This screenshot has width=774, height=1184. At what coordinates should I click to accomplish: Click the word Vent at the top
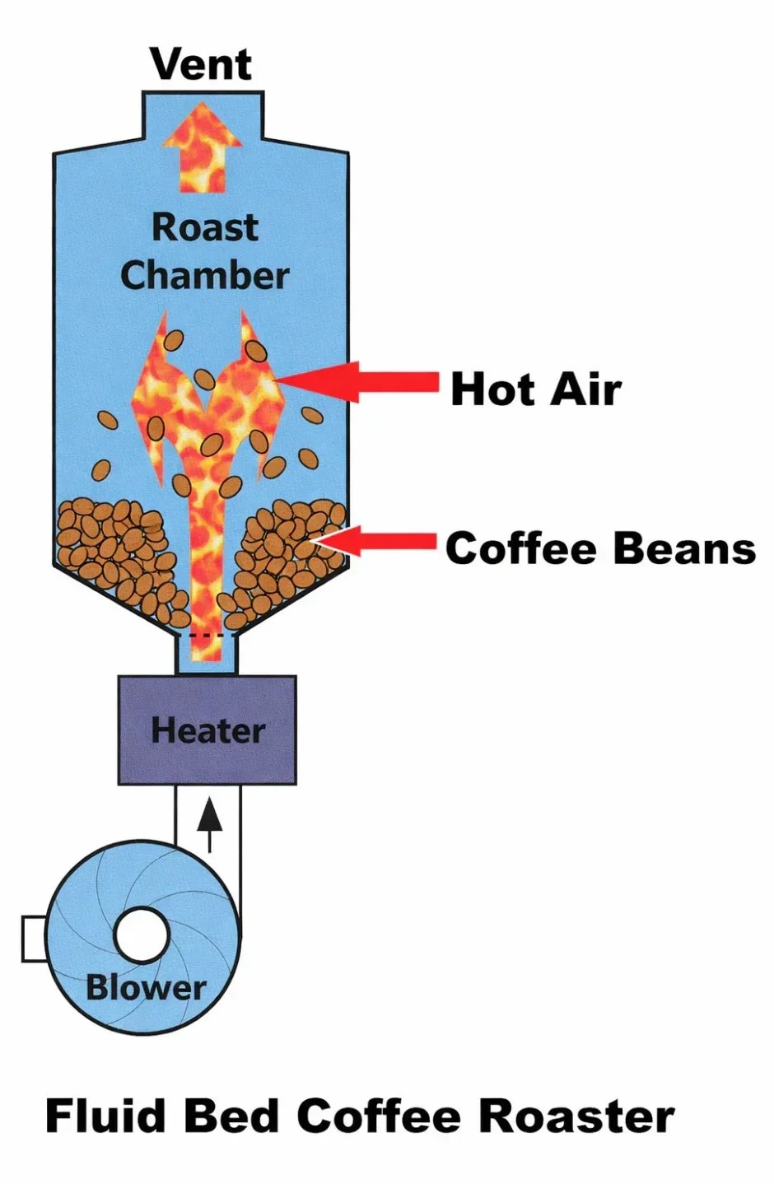click(x=201, y=64)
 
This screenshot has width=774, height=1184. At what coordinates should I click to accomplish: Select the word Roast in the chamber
click(x=205, y=227)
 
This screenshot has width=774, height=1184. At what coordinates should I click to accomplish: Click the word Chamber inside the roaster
click(x=205, y=275)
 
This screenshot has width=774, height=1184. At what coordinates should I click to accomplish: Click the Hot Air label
click(x=536, y=389)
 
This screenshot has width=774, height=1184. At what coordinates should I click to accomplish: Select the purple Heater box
click(x=207, y=730)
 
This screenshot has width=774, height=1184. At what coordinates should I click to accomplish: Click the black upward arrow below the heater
click(x=211, y=823)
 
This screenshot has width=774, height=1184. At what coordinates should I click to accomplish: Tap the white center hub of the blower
click(x=142, y=936)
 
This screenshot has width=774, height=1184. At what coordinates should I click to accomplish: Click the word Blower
click(x=146, y=986)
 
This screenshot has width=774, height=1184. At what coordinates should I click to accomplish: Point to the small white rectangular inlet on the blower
click(x=33, y=939)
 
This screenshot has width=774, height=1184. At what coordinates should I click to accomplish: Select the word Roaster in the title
click(x=576, y=1116)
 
